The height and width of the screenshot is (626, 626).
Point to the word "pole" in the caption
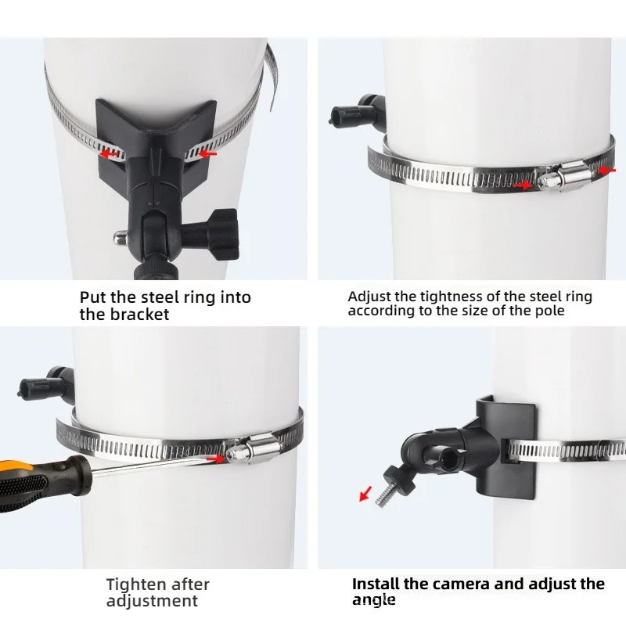[x=550, y=311]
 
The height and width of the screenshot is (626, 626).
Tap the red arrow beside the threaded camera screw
[x=365, y=493]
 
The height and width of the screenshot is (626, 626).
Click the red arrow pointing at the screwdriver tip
[x=217, y=459]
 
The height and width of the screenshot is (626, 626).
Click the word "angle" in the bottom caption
[x=374, y=600]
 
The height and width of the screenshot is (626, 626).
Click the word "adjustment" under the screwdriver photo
[x=152, y=601]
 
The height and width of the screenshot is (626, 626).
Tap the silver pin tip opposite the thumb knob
[x=119, y=238]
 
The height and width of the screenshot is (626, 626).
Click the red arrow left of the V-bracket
[x=109, y=153]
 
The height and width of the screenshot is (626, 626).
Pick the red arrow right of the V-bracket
[x=207, y=153]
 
